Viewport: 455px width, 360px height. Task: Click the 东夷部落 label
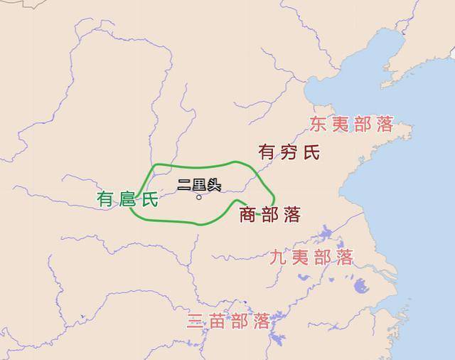(351, 125)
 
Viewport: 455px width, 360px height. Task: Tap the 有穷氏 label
(289, 152)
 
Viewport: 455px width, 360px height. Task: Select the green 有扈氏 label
(127, 199)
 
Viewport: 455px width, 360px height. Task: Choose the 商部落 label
(269, 213)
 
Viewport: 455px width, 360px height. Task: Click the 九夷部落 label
(311, 257)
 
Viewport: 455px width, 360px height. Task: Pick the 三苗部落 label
(228, 321)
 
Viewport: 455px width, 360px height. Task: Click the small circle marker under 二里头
(199, 197)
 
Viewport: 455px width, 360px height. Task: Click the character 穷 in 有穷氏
(289, 152)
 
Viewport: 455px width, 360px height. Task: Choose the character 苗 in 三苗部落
(218, 321)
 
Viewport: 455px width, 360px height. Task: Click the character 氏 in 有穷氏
(311, 152)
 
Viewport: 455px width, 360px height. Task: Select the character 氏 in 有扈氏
(149, 199)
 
